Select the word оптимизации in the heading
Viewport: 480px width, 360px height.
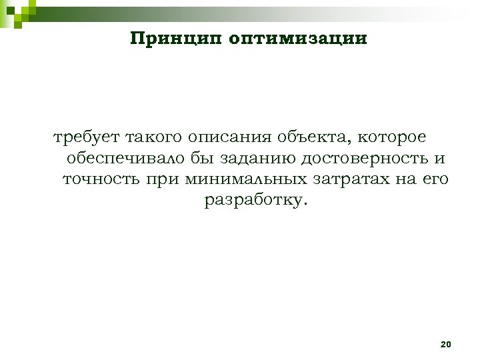tap(297, 38)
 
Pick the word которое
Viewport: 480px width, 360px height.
tap(393, 138)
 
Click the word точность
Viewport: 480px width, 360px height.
tap(100, 179)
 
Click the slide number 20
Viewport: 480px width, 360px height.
tap(446, 344)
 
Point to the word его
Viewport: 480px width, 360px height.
tap(435, 179)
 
